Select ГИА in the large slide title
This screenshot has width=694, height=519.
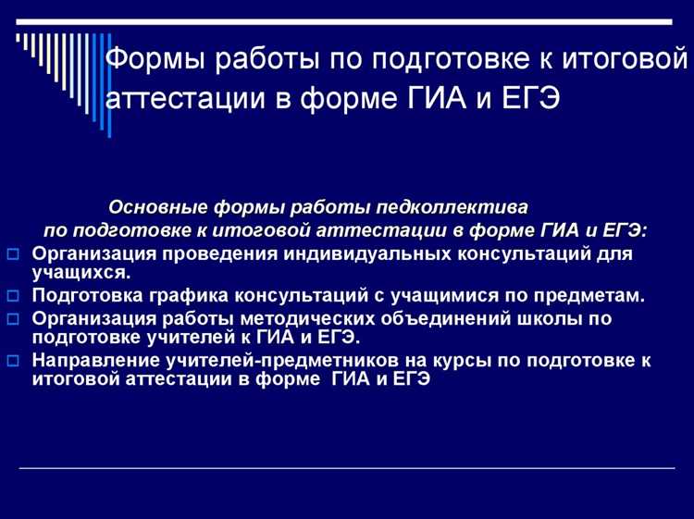coord(440,98)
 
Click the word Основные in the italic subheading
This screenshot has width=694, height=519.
coord(158,206)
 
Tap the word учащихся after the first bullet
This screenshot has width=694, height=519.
coord(81,273)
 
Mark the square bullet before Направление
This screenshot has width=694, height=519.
coord(13,361)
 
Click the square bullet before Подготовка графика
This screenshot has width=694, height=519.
coord(13,296)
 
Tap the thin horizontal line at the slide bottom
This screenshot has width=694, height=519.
coord(347,468)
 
